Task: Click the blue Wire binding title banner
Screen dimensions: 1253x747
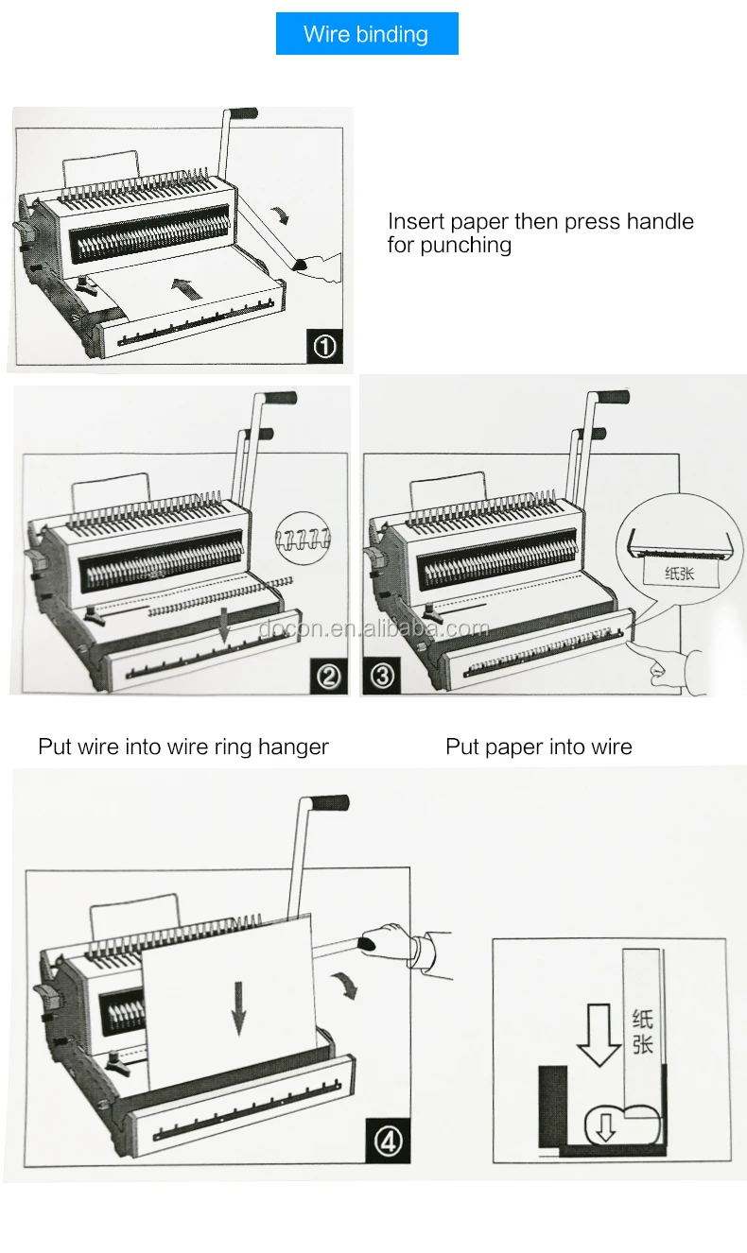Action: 367,34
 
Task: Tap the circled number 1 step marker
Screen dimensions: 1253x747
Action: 324,347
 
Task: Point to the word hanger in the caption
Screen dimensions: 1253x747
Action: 294,747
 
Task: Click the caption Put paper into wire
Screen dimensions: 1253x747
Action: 538,747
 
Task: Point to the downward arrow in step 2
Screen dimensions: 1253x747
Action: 223,626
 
